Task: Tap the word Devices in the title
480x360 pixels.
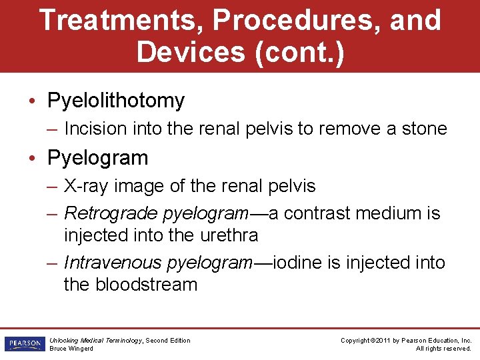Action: pyautogui.click(x=189, y=52)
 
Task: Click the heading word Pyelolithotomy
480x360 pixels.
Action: pyautogui.click(x=116, y=101)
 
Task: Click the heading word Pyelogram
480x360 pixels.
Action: pyautogui.click(x=97, y=158)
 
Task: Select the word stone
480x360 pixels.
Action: pyautogui.click(x=424, y=129)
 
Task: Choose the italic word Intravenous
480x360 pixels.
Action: pyautogui.click(x=112, y=263)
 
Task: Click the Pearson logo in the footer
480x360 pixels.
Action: pyautogui.click(x=23, y=344)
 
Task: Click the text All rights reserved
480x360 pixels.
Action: pyautogui.click(x=443, y=349)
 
